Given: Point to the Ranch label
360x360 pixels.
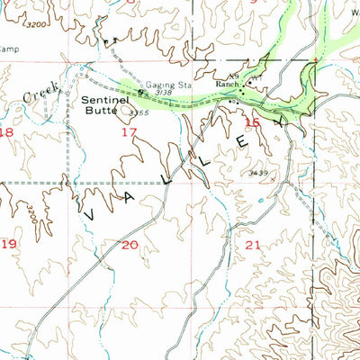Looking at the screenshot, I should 223,85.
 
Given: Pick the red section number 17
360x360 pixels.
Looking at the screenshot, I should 129,131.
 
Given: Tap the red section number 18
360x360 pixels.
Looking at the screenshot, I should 8,132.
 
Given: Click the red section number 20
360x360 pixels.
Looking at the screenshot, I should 130,244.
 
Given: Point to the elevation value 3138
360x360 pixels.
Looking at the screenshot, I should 163,92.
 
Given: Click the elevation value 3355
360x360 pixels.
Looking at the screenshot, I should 138,112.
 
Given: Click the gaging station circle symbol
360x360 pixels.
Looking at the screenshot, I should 140,90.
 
